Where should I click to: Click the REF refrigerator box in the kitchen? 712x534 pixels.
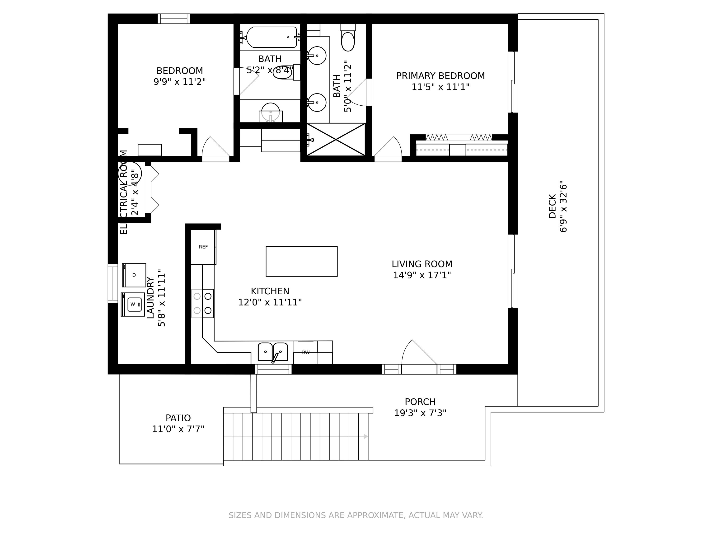tap(203, 247)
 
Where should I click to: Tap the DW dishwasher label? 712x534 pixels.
tap(305, 352)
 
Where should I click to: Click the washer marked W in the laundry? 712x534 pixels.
tap(133, 304)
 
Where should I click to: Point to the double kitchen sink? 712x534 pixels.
tap(273, 352)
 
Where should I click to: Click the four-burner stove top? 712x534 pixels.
tap(202, 303)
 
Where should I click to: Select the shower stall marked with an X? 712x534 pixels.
tap(336, 139)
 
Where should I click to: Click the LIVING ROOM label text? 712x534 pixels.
tap(422, 264)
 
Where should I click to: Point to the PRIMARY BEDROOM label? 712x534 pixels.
tap(440, 76)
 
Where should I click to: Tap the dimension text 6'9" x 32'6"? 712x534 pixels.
tap(563, 206)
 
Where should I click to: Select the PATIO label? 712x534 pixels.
tap(178, 418)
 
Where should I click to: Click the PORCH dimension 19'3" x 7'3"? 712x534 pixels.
tap(420, 413)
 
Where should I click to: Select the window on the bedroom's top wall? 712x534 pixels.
tap(173, 19)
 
